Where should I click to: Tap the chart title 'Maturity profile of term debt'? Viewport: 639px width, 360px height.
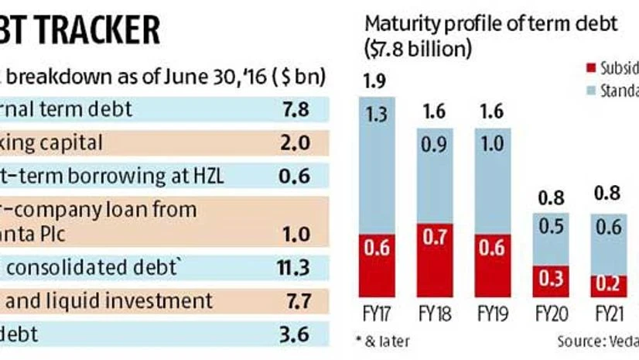tap(491, 24)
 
